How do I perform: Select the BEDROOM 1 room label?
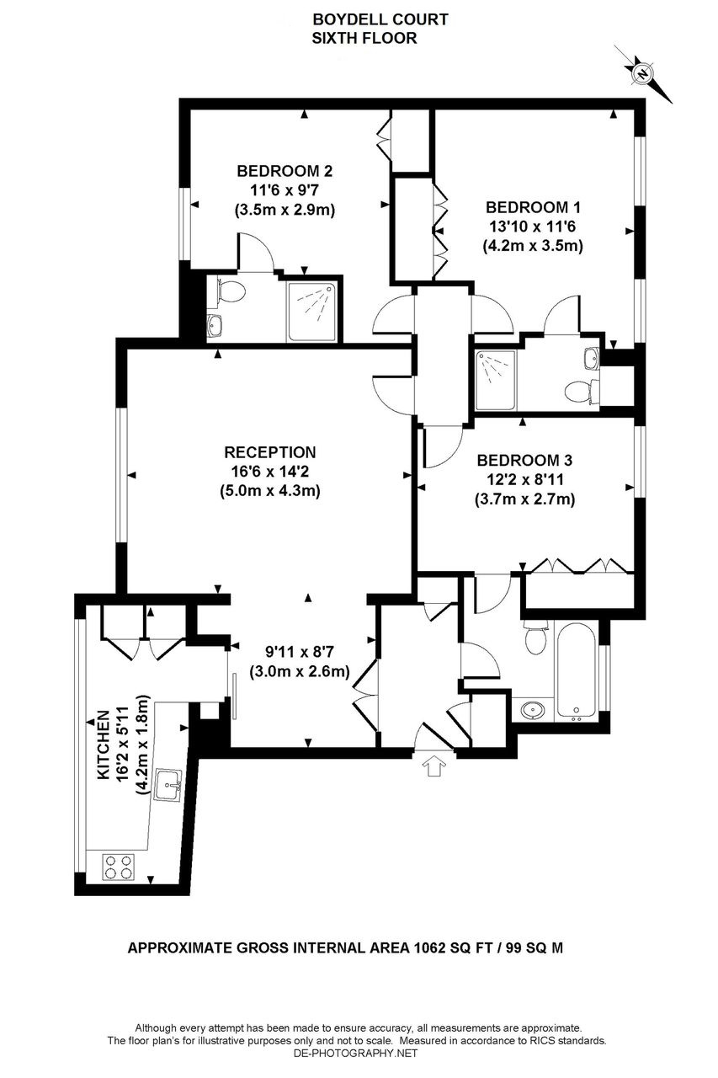click(x=533, y=206)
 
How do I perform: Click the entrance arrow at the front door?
click(x=435, y=766)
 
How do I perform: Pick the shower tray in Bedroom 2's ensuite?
click(x=311, y=309)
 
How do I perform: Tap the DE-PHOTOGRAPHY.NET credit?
click(x=358, y=1053)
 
